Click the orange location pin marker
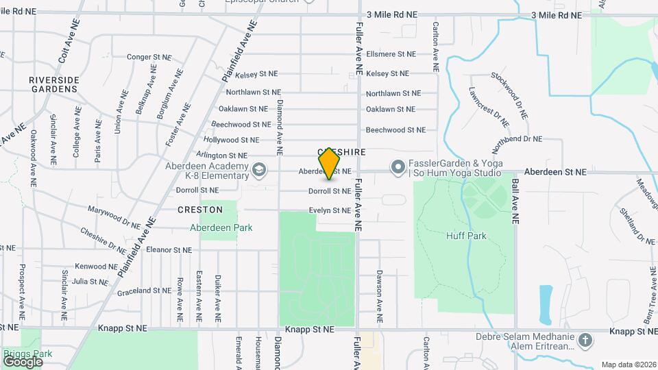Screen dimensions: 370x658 pos(330,163)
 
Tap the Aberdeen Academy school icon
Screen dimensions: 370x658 pos(259,169)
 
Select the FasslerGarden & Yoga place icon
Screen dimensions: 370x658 pos(397,166)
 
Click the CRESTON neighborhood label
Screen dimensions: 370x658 pos(200,210)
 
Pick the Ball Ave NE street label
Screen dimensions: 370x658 pos(515,202)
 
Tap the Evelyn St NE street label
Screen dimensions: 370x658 pos(330,210)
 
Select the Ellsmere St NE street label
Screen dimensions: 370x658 pos(391,53)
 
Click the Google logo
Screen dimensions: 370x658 pos(23,361)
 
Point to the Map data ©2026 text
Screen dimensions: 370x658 pos(628,365)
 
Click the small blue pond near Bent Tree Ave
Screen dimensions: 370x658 pos(546,304)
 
